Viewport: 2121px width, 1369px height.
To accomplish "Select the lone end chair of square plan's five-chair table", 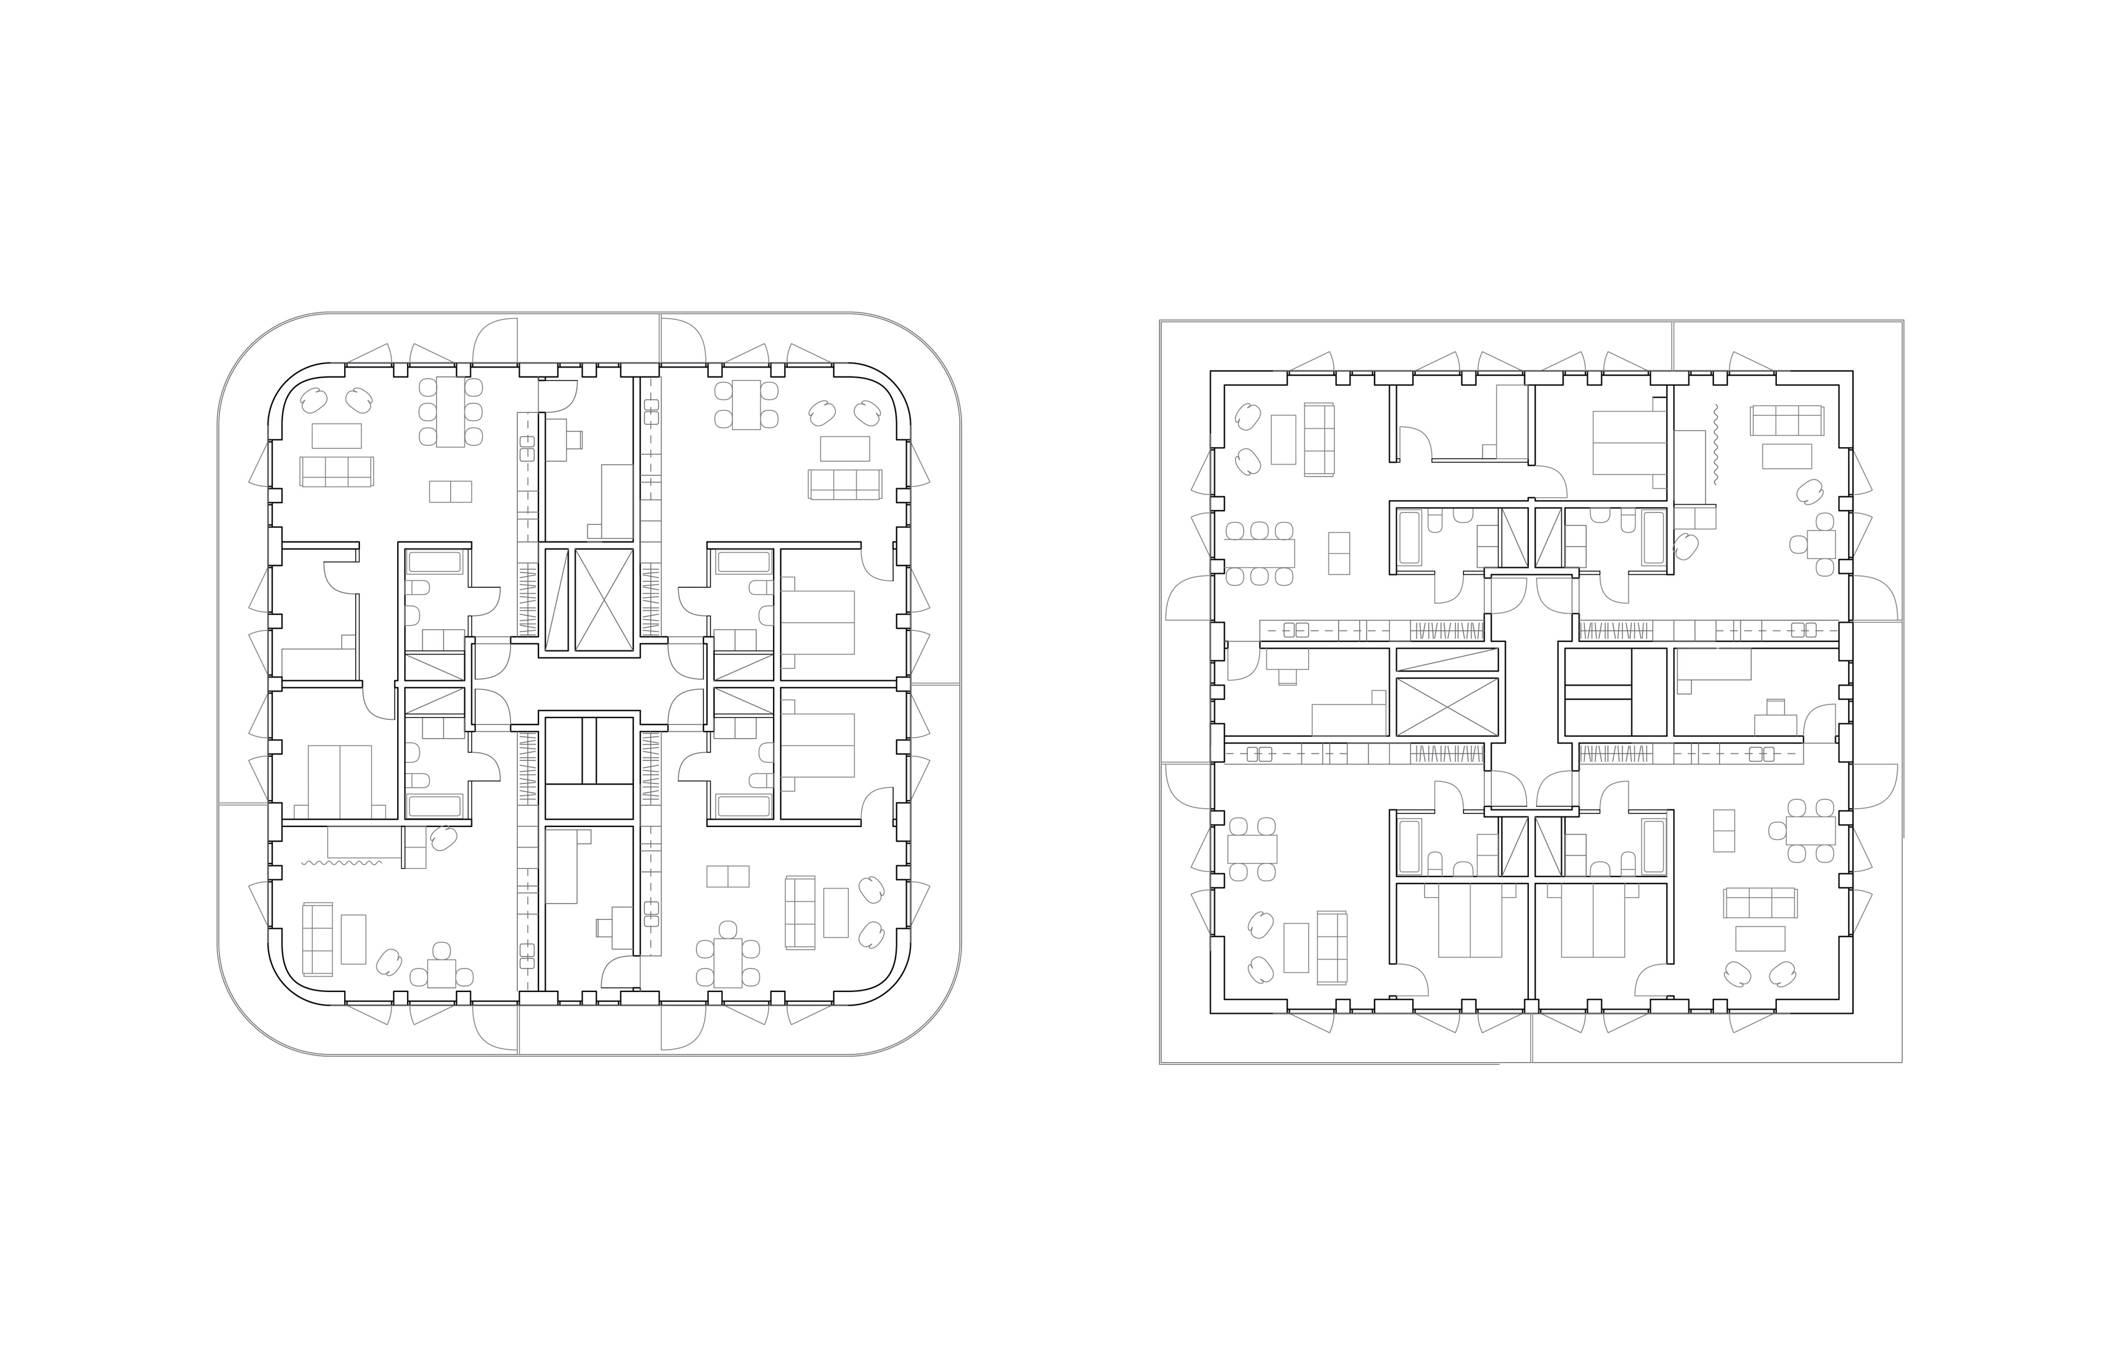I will point(1776,830).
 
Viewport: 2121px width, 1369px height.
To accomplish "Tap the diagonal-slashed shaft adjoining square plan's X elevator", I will point(1447,659).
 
